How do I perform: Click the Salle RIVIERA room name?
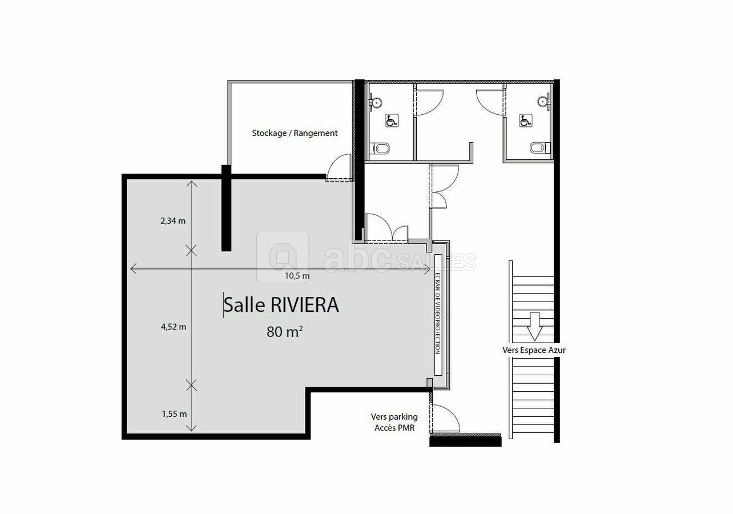click(x=281, y=305)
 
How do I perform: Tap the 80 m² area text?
click(x=284, y=332)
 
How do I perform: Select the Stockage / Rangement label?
click(x=295, y=133)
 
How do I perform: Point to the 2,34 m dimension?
click(x=173, y=221)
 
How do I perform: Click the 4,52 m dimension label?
click(x=174, y=327)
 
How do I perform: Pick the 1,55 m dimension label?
click(x=174, y=414)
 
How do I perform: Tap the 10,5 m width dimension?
click(x=297, y=276)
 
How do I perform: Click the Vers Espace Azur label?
click(x=534, y=350)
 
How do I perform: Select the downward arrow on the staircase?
click(x=534, y=327)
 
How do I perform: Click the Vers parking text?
click(x=394, y=417)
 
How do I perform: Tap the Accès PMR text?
click(x=394, y=428)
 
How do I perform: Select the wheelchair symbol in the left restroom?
click(x=392, y=121)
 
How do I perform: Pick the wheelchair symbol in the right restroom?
click(x=526, y=121)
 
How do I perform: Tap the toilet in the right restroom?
click(x=540, y=148)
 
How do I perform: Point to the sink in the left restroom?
click(x=376, y=102)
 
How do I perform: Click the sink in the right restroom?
click(x=544, y=101)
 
